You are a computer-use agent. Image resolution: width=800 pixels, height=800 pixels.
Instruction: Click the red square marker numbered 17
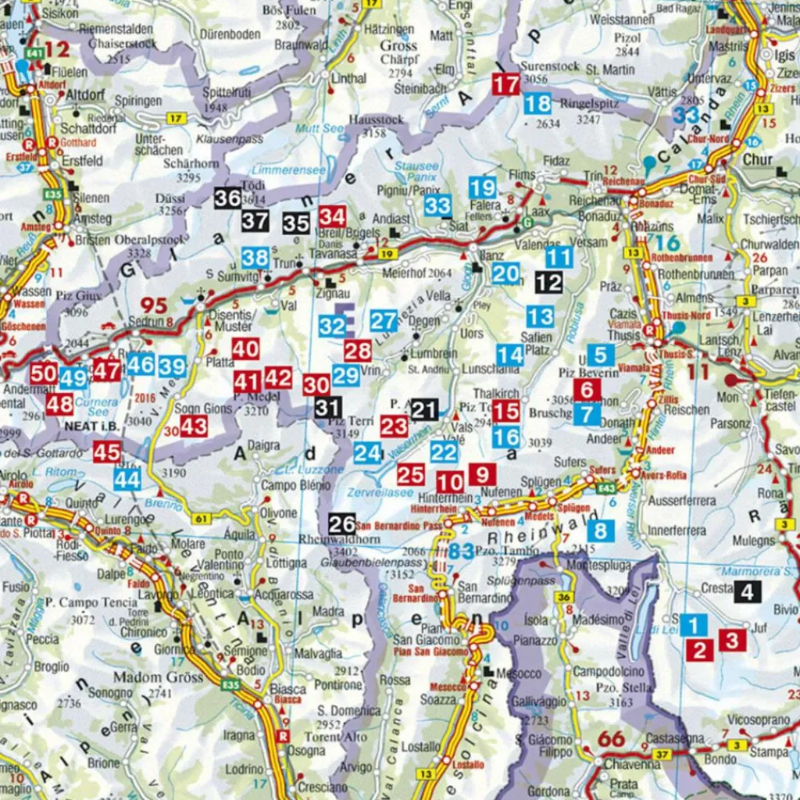506,84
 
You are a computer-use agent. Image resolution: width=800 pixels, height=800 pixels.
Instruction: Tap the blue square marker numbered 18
537,103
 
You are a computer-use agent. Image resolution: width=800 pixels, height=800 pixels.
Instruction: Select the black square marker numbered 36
227,198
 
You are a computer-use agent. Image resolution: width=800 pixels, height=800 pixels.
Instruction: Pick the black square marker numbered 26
342,523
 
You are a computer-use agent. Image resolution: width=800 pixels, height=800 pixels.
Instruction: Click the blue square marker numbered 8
600,531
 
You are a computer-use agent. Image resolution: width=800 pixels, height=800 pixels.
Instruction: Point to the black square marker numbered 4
747,591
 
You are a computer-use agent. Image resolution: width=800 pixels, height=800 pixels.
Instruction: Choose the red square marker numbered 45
107,452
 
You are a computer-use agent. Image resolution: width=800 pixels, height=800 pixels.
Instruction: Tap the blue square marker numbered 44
127,479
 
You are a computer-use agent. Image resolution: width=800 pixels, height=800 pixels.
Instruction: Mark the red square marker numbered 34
332,216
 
